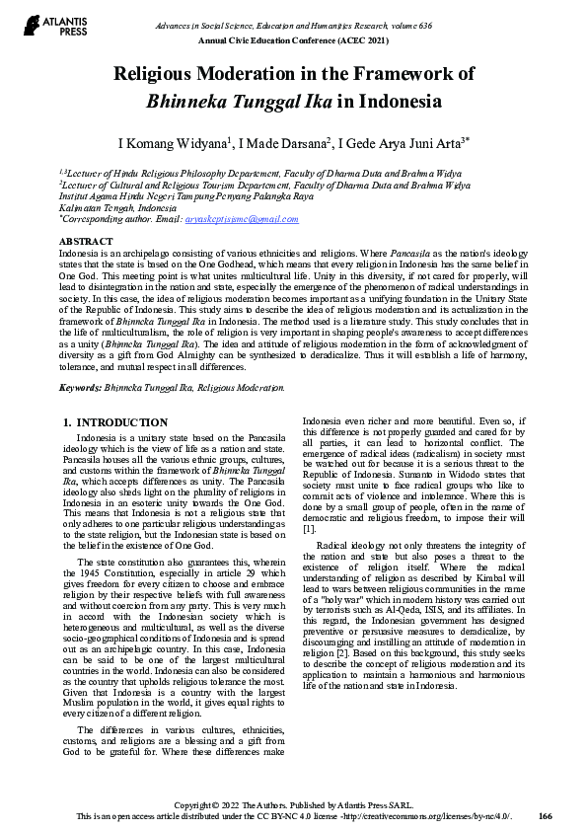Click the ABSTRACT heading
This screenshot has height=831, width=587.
click(86, 242)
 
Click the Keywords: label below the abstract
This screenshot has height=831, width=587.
click(83, 388)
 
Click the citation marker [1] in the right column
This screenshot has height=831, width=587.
click(309, 529)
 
